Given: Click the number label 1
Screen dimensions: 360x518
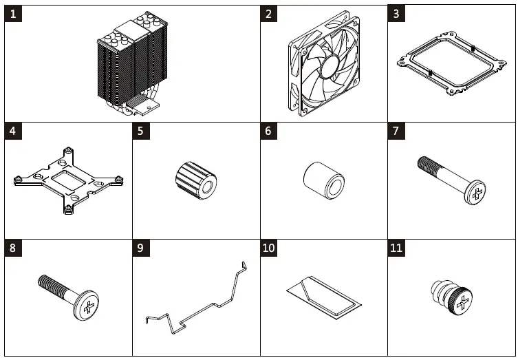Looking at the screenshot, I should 14,14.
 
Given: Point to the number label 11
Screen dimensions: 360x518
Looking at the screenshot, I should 397,248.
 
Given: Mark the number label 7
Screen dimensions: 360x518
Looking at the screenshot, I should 397,131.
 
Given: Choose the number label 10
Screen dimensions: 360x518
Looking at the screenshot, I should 270,248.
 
